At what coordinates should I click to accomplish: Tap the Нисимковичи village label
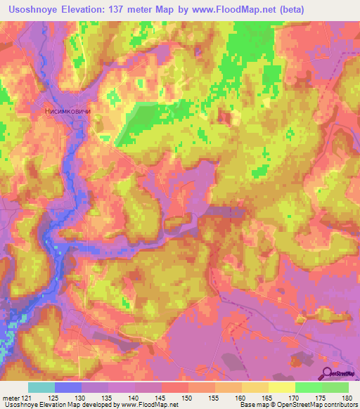pyautogui.click(x=68, y=111)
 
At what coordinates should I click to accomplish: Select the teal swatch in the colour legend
pyautogui.click(x=41, y=387)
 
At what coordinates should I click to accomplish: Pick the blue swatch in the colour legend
pyautogui.click(x=68, y=387)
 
